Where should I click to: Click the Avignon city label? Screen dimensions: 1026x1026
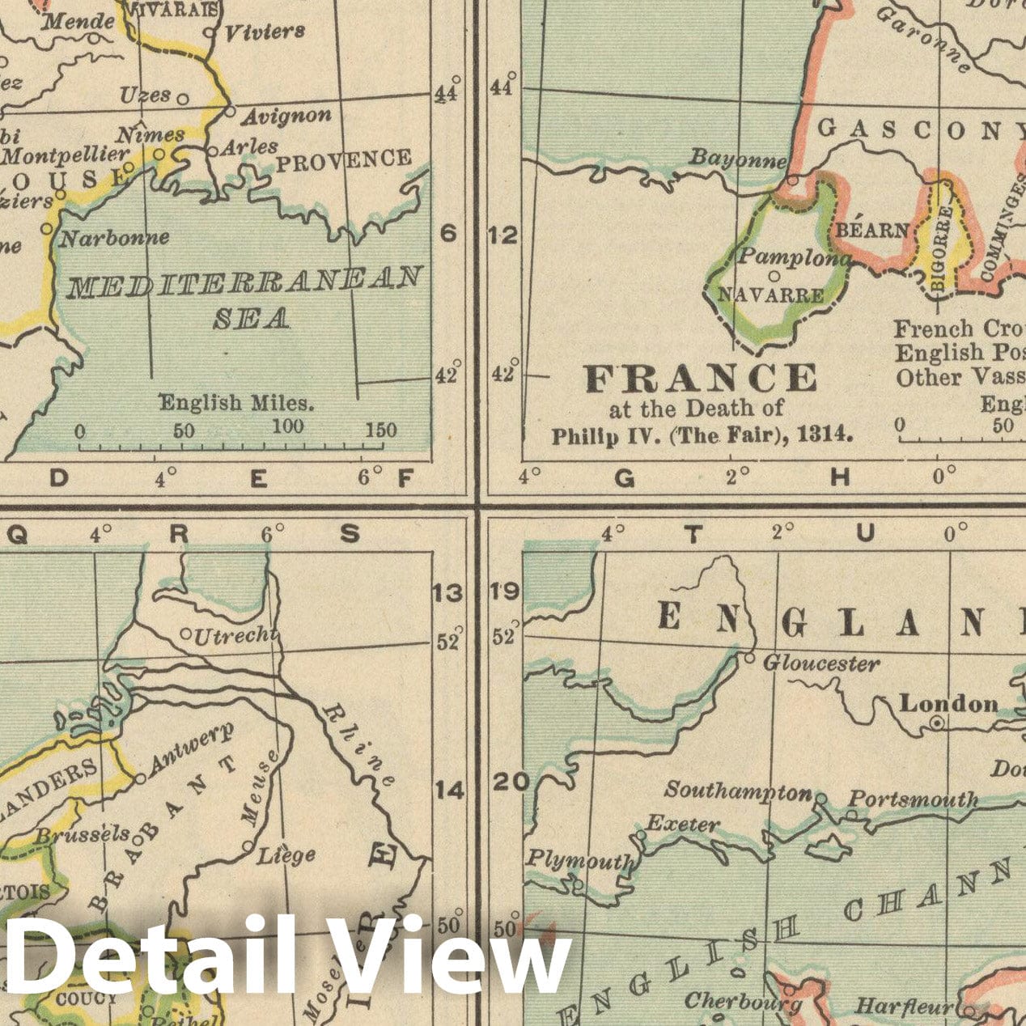coord(286,116)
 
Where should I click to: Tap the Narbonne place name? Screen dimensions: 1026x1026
coord(115,238)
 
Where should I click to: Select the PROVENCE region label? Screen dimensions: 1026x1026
coord(343,160)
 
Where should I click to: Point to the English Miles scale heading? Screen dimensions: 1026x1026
coord(235,402)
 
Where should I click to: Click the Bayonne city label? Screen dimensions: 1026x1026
coord(736,159)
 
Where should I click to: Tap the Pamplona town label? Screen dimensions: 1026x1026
coord(793,257)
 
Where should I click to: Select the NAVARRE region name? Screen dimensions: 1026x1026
coord(770,295)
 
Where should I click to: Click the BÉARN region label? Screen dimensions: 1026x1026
coord(871,231)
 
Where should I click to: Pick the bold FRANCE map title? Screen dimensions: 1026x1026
coord(701,378)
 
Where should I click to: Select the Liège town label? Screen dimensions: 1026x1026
coord(286,854)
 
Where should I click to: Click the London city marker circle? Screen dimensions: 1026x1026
coord(936,724)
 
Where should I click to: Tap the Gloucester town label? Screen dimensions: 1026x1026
coord(821,664)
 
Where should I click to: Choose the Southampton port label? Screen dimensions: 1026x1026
coord(737,791)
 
